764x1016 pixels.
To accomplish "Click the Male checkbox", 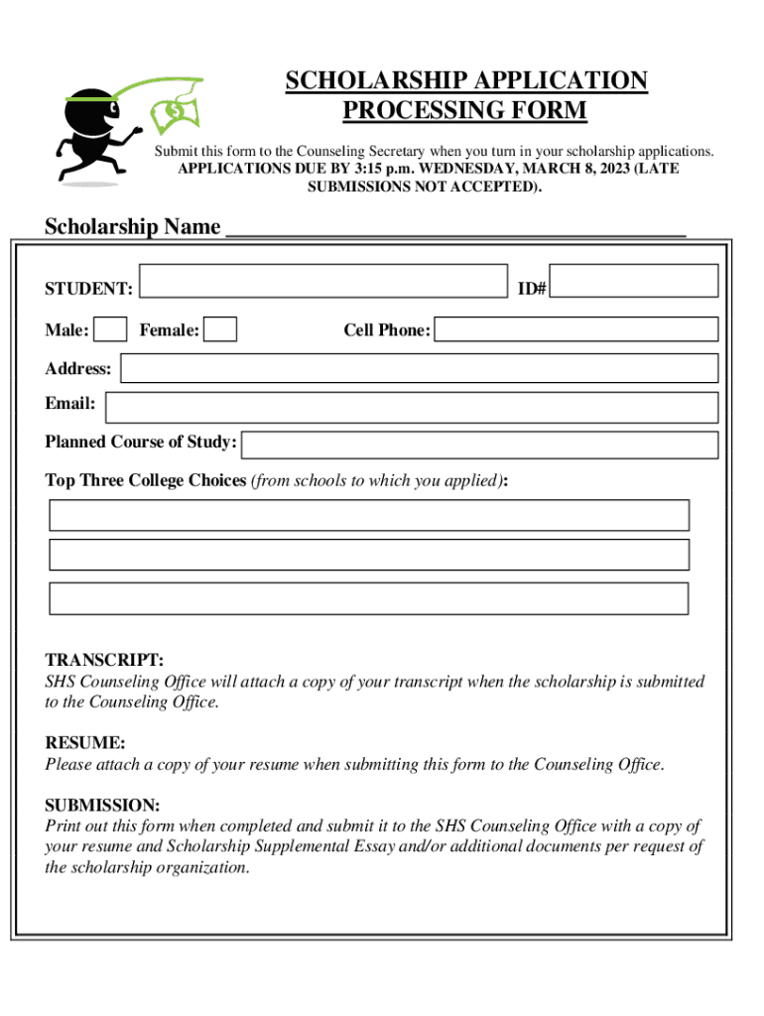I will [x=111, y=328].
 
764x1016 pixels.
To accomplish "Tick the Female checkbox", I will [x=220, y=328].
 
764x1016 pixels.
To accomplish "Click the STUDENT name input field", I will [x=323, y=281].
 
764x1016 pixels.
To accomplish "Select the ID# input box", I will [x=633, y=281].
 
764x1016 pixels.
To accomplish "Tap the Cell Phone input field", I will [x=576, y=329].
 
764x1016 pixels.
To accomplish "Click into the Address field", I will [x=419, y=368].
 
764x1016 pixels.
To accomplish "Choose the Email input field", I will [x=412, y=407].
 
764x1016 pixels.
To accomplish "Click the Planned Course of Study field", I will [x=480, y=444].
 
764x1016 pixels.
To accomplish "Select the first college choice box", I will [x=369, y=515].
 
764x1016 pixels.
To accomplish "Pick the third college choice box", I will [x=369, y=598].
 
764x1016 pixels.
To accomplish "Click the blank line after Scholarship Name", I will [x=456, y=228].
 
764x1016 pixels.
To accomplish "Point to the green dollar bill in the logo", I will [x=175, y=111].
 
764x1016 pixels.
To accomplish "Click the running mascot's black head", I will [x=90, y=114].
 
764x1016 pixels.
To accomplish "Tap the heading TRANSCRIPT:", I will [x=104, y=660].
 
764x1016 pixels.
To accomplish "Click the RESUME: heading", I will [x=85, y=742].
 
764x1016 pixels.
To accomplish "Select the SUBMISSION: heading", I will [x=102, y=805].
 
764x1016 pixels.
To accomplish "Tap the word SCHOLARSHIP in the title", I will [x=376, y=80].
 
